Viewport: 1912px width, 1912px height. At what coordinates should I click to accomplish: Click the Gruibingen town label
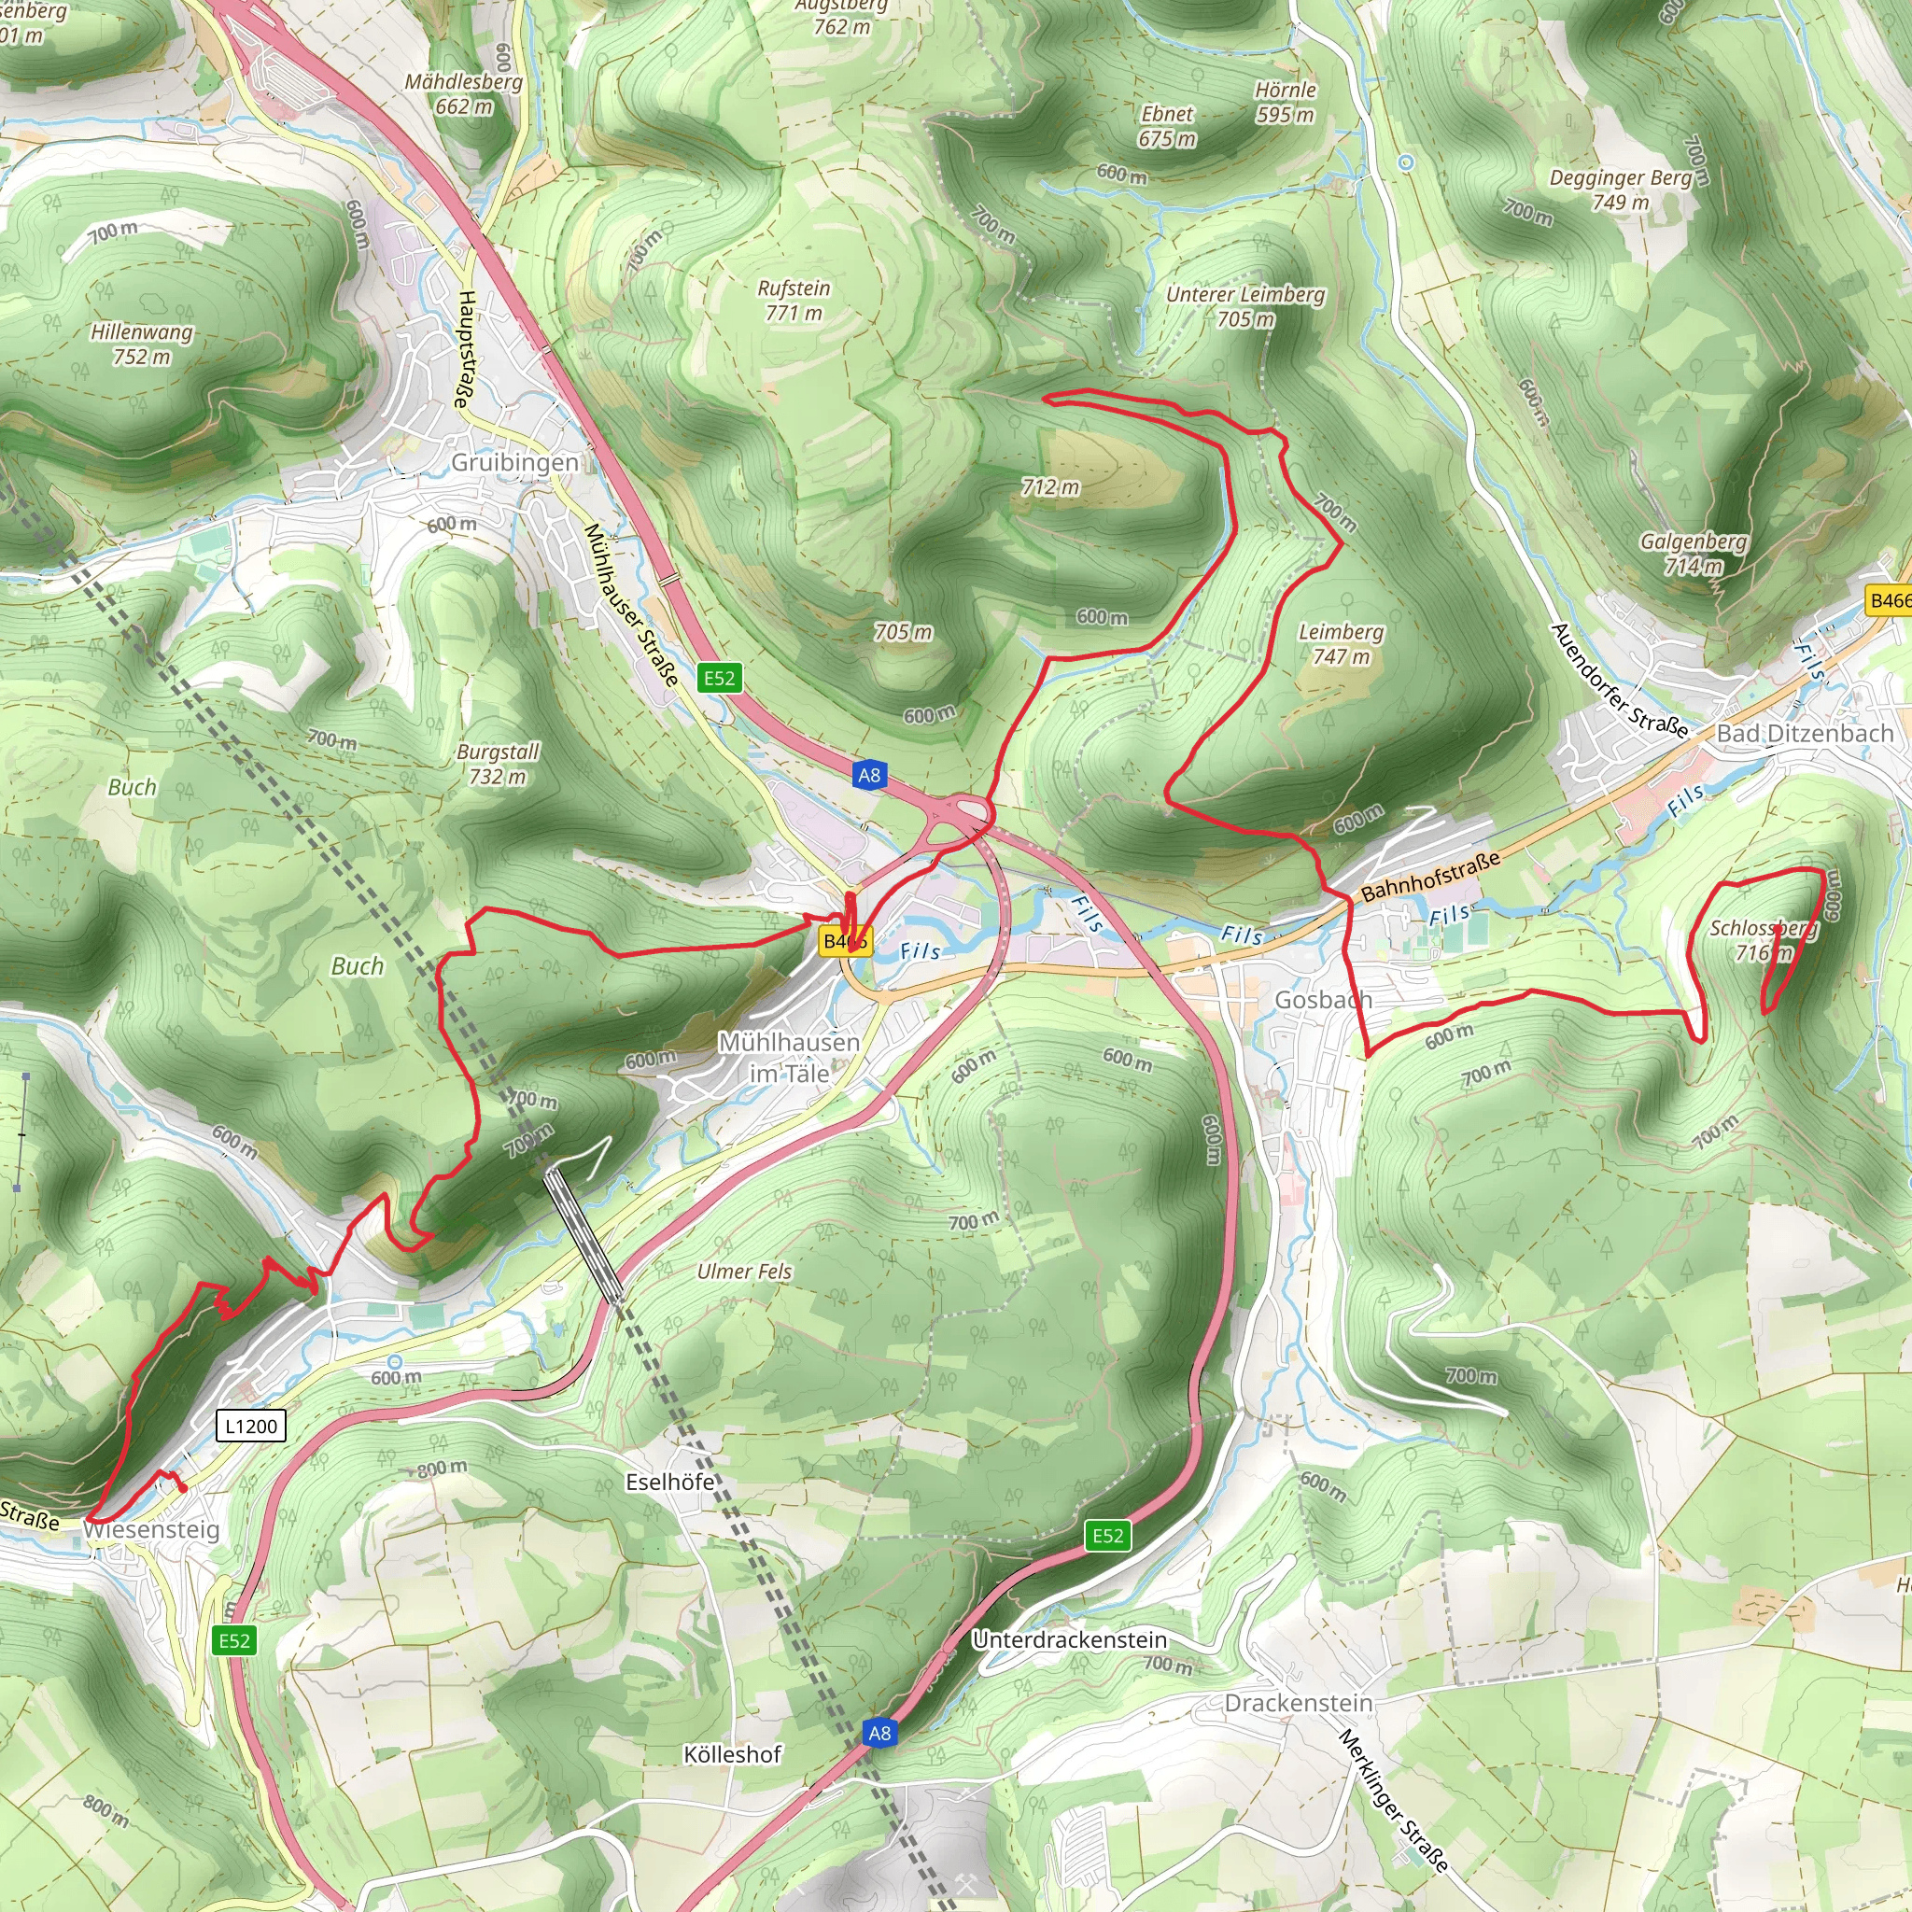coord(514,462)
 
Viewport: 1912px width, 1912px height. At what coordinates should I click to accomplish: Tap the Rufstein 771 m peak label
coord(794,301)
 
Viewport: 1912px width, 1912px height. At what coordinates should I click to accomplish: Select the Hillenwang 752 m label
coord(142,344)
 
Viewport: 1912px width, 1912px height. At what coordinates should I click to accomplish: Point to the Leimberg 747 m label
coord(1341,644)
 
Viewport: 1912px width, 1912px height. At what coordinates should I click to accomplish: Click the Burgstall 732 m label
coord(498,764)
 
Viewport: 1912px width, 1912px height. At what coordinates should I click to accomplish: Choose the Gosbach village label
coord(1322,1000)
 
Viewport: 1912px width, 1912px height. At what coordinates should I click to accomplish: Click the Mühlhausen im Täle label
coord(789,1057)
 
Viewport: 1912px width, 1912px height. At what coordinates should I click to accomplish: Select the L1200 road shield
coord(251,1427)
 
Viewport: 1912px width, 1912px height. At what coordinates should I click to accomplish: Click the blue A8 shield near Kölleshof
coord(879,1733)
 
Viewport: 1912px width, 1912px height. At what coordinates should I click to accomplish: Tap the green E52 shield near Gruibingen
coord(720,678)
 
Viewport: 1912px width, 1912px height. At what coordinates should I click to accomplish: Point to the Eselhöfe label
coord(670,1482)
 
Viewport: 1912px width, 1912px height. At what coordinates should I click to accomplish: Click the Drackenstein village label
coord(1299,1703)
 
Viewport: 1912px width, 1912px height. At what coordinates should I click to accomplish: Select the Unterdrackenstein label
coord(1070,1639)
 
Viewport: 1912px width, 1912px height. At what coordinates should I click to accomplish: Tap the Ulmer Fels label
coord(744,1272)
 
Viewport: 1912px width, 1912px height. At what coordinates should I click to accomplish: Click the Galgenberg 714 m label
coord(1694,555)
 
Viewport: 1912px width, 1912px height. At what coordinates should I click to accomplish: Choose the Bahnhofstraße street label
coord(1430,877)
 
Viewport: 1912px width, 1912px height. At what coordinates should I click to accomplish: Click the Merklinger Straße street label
coord(1392,1800)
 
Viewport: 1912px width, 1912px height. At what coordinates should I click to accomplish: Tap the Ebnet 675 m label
coord(1167,127)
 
